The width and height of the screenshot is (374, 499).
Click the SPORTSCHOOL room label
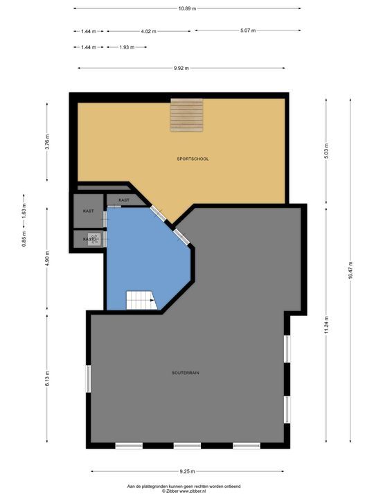(x=193, y=159)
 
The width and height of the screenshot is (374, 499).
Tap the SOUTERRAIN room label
(x=186, y=373)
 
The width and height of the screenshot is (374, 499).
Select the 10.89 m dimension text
(x=187, y=8)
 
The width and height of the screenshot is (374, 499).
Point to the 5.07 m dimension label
(x=248, y=30)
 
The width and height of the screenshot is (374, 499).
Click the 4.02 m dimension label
(x=148, y=31)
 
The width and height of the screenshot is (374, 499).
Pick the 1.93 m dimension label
(x=127, y=47)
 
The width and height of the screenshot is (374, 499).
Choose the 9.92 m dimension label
(x=181, y=68)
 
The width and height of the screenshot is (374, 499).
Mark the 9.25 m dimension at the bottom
(x=187, y=471)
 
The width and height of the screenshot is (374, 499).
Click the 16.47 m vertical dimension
(x=350, y=270)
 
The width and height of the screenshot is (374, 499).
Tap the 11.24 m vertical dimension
(x=326, y=325)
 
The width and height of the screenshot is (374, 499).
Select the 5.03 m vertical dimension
(x=326, y=151)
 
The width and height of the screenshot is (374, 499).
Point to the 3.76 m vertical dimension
(x=47, y=141)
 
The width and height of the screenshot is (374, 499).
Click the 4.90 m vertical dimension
(x=47, y=259)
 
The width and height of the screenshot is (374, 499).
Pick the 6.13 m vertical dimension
(x=47, y=378)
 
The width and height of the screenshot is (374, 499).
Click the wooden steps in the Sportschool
(x=187, y=115)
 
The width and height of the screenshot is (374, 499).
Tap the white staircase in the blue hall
(x=142, y=300)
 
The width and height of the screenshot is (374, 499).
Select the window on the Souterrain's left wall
(x=88, y=378)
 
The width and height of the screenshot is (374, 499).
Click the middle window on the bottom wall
(x=187, y=446)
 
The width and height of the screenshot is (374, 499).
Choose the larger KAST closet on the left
(x=89, y=211)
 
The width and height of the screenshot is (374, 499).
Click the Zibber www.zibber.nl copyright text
(x=184, y=491)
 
